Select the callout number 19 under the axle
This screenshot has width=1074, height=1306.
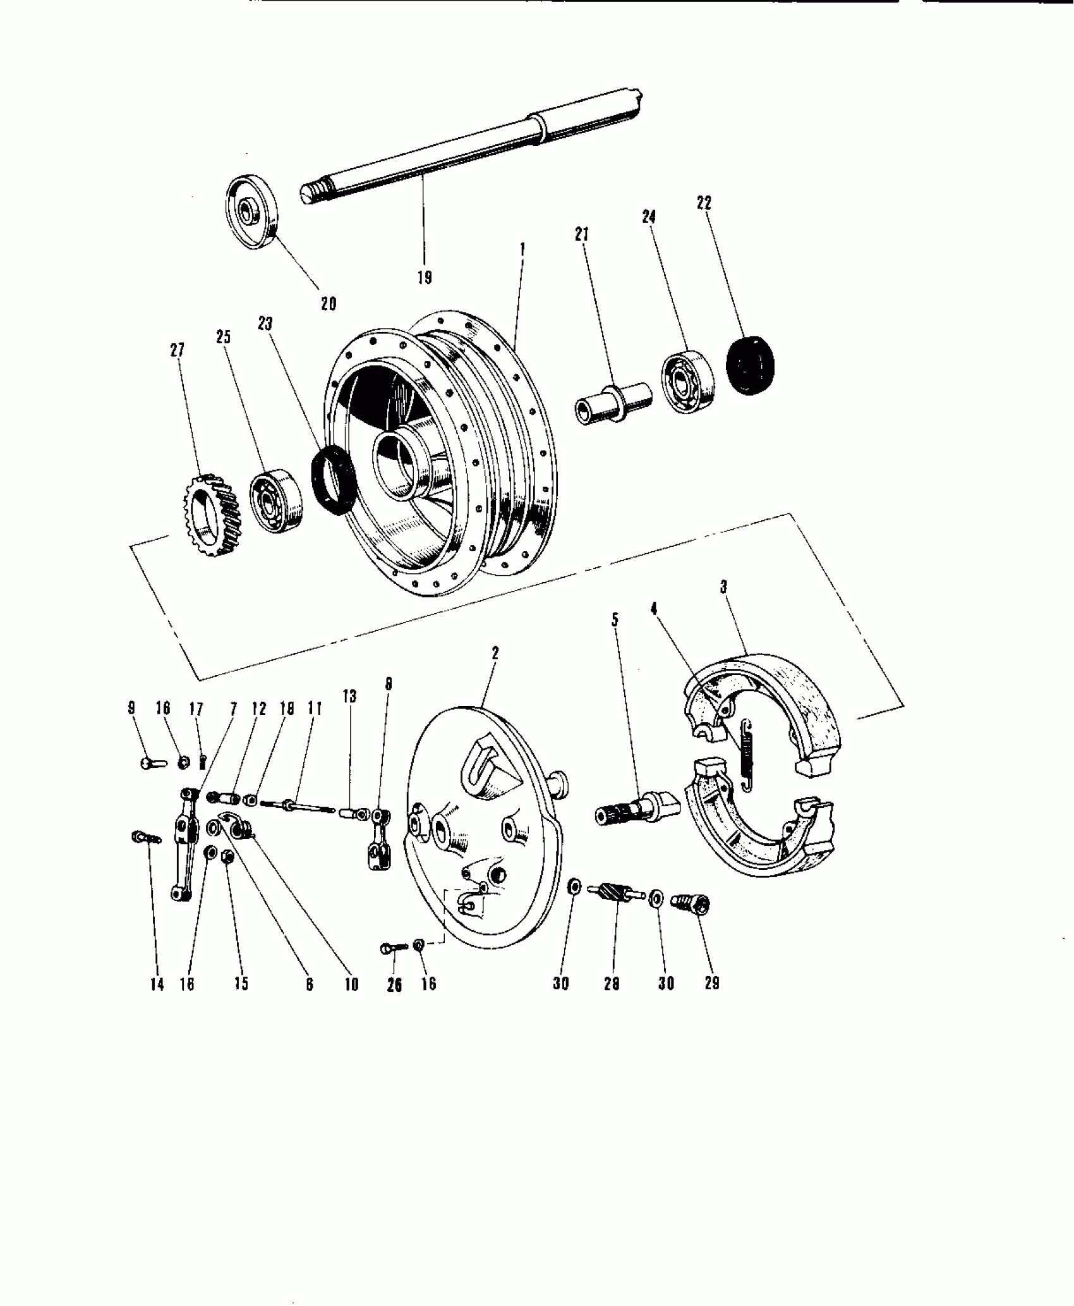(425, 277)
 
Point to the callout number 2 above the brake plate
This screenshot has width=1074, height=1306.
(495, 653)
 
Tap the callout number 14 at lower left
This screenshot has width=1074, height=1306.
(157, 984)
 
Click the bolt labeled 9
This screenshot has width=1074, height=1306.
(152, 763)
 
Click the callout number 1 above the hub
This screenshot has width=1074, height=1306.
(522, 250)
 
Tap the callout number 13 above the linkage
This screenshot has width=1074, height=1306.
(349, 696)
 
